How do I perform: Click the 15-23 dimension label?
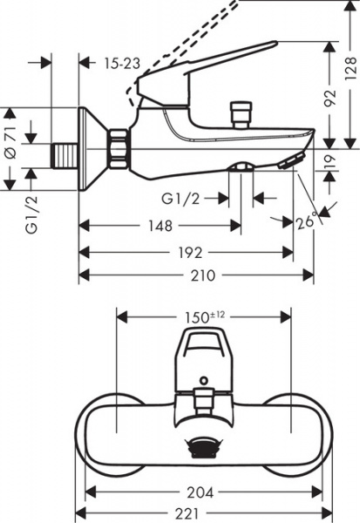(x=122, y=64)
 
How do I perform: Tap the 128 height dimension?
(x=350, y=65)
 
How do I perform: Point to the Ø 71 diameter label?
(x=10, y=139)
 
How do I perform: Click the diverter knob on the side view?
(x=235, y=113)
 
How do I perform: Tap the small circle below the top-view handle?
(x=202, y=381)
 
